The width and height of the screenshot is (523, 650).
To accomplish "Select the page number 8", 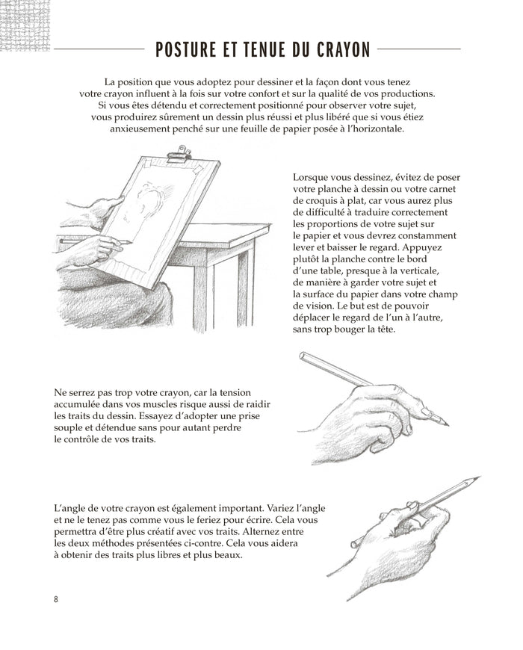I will point(56,600).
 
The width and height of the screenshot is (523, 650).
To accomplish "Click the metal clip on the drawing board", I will point(179,157).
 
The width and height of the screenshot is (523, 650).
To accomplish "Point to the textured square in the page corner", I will point(25,25).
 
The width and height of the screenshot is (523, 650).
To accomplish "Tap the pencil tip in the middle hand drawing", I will point(446,424).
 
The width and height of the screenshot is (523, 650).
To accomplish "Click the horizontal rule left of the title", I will point(99,50).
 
